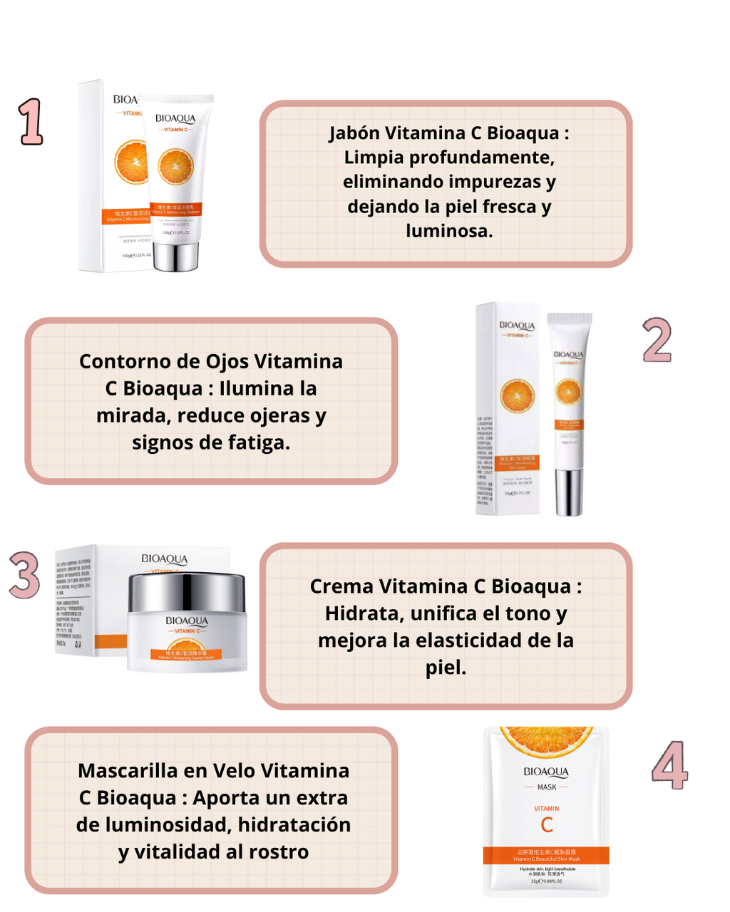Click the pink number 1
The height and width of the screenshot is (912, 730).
pos(31,123)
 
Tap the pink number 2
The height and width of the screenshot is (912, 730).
pos(657,341)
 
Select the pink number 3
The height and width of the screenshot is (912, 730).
pos(25,574)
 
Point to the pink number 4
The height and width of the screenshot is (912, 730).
pos(669,765)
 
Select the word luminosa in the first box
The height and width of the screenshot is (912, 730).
pos(448,231)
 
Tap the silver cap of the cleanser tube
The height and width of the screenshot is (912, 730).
pos(176,256)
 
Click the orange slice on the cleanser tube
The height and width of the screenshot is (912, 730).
pos(175,166)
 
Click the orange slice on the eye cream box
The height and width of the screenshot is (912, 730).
pos(518,396)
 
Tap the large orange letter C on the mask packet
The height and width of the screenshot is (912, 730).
pos(547,825)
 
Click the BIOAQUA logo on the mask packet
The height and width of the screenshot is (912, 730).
pos(546,772)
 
